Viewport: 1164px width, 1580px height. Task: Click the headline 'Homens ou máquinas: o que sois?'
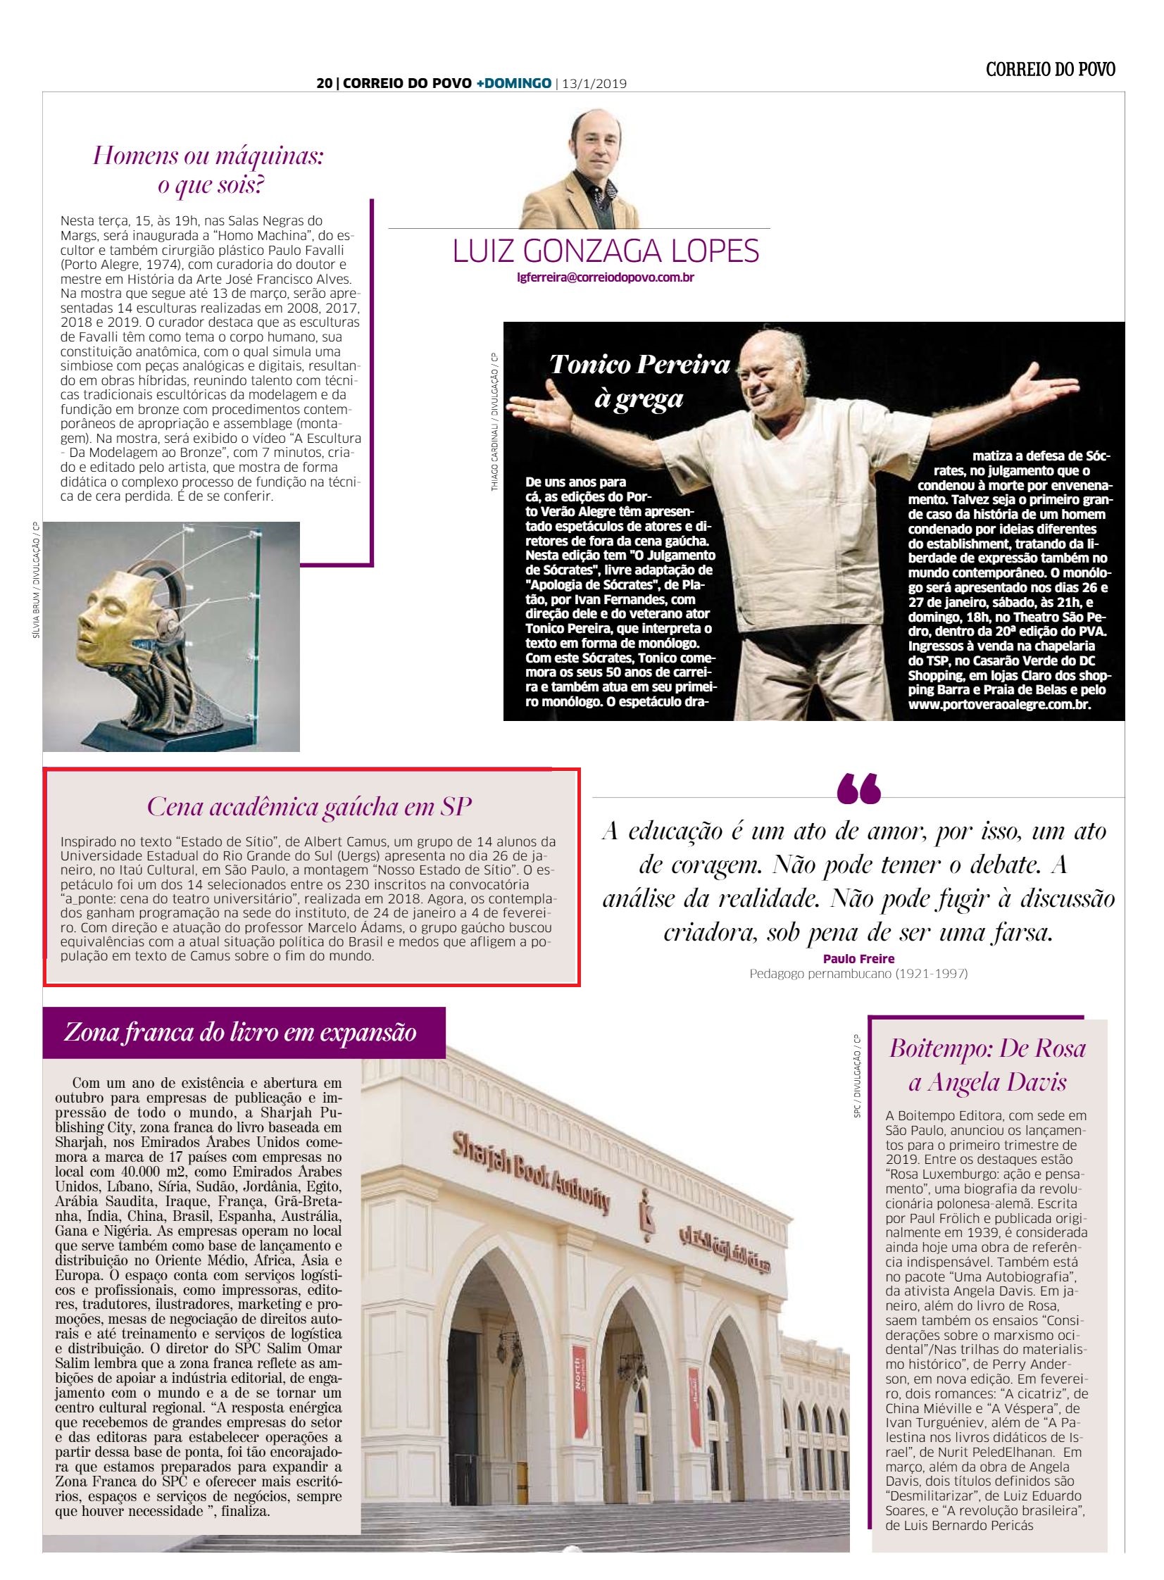(208, 170)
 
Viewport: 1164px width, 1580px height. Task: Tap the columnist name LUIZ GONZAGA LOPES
(606, 251)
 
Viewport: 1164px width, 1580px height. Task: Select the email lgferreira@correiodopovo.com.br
(606, 277)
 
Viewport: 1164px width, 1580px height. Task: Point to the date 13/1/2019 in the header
(594, 84)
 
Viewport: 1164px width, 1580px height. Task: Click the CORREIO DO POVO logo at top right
(1050, 69)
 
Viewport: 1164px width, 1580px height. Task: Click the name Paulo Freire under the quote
(858, 959)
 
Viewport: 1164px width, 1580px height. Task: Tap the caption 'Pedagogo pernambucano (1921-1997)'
(858, 974)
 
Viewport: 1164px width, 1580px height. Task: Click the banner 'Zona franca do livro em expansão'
(240, 1033)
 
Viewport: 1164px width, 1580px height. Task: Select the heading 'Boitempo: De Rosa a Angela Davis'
(987, 1065)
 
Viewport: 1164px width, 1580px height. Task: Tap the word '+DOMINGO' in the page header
(513, 84)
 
